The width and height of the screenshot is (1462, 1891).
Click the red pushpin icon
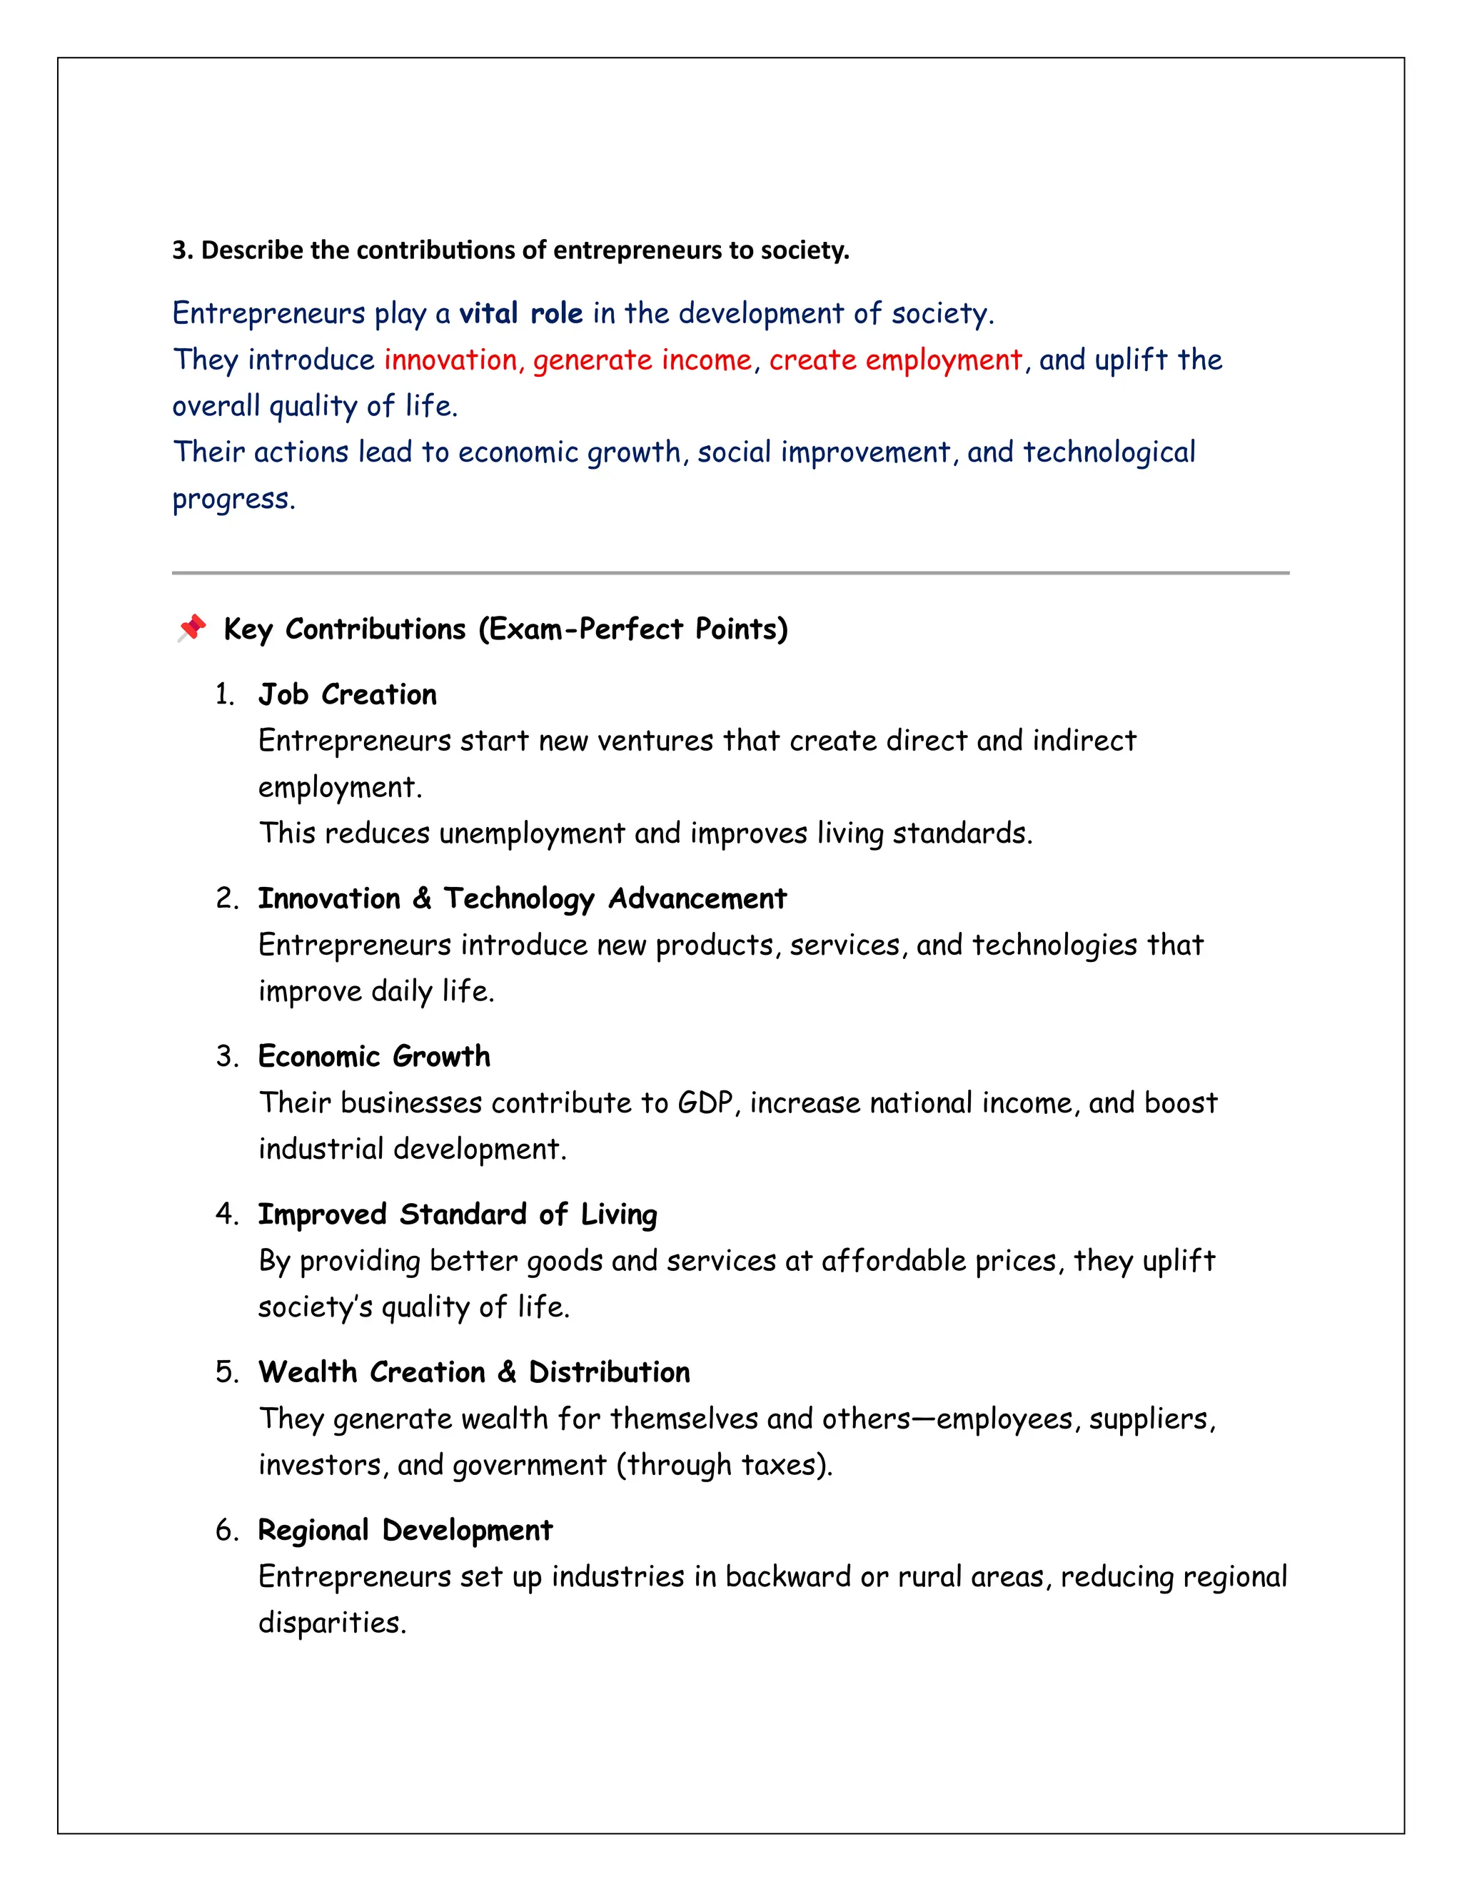click(191, 628)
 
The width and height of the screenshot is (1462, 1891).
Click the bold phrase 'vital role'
click(520, 313)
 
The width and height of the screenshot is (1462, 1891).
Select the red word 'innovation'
click(450, 360)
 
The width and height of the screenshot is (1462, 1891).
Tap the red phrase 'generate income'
click(642, 360)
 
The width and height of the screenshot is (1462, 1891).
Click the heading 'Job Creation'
click(348, 694)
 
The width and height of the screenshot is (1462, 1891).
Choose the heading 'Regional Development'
click(405, 1530)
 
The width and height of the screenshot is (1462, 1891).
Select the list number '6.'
click(227, 1531)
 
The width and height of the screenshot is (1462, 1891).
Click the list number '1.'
click(225, 694)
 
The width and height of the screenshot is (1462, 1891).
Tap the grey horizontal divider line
click(730, 572)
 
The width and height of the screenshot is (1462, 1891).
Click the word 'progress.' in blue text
click(234, 499)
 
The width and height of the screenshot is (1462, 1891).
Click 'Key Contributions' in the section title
click(345, 629)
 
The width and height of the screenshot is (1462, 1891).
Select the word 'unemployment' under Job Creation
click(532, 833)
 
